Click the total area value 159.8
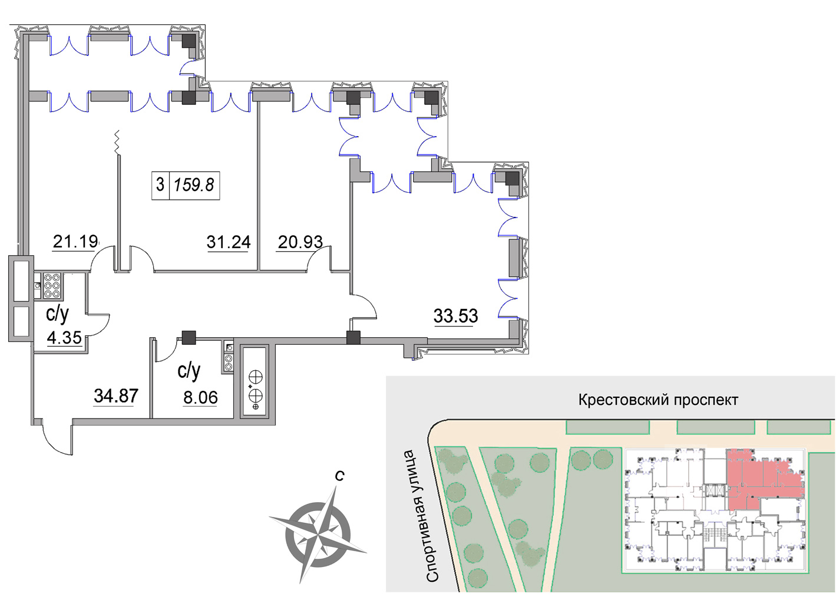point(194,185)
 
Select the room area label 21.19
point(75,242)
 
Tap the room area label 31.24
point(229,242)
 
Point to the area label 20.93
point(300,242)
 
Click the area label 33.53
point(455,316)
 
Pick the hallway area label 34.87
point(116,396)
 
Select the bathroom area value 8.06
point(200,398)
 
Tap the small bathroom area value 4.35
point(64,338)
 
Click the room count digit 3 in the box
point(160,184)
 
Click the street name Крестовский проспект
point(658,400)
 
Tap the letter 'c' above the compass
point(339,476)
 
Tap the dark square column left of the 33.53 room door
point(353,338)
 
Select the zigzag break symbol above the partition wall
point(118,142)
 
